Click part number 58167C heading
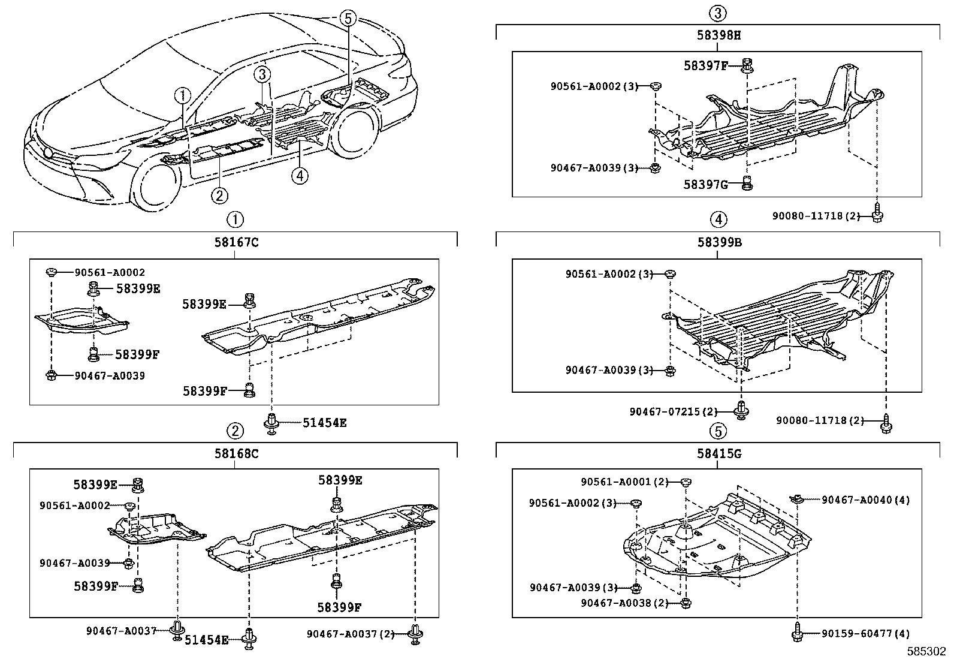click(x=236, y=243)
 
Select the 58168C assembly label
click(x=236, y=453)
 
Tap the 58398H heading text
click(x=718, y=35)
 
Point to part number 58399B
click(x=718, y=243)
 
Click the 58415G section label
click(x=718, y=453)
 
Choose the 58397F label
click(x=705, y=66)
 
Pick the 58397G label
click(x=705, y=184)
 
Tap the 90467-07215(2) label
click(x=673, y=411)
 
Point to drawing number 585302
click(x=926, y=651)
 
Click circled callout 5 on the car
click(x=348, y=18)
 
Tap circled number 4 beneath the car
click(x=300, y=175)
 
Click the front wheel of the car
click(x=156, y=187)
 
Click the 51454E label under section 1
click(x=324, y=423)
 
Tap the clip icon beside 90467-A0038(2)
click(x=687, y=603)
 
